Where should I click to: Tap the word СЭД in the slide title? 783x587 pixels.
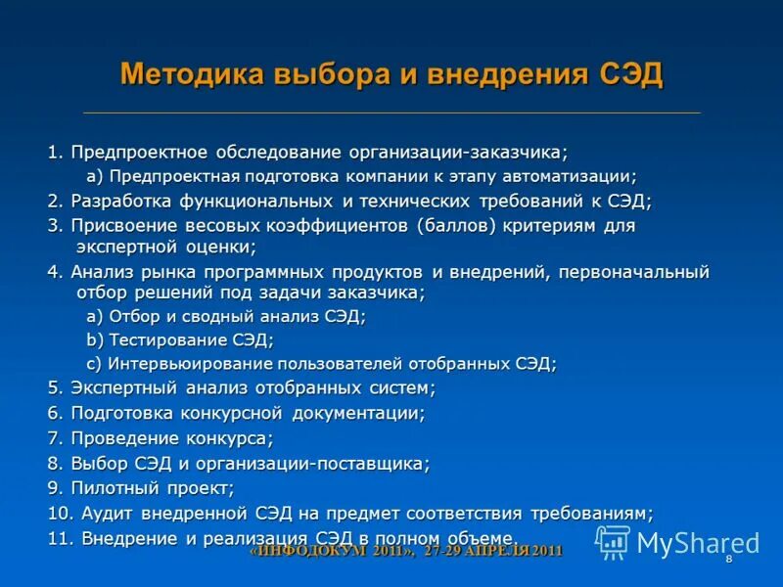pyautogui.click(x=631, y=74)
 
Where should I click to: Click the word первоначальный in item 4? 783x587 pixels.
pyautogui.click(x=633, y=272)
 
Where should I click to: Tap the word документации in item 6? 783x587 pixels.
pyautogui.click(x=361, y=413)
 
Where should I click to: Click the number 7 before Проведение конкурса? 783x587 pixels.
pyautogui.click(x=54, y=438)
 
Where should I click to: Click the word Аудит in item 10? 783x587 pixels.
pyautogui.click(x=106, y=513)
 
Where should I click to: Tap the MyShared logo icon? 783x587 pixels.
pyautogui.click(x=613, y=542)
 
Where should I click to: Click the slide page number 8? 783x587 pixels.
pyautogui.click(x=729, y=558)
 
